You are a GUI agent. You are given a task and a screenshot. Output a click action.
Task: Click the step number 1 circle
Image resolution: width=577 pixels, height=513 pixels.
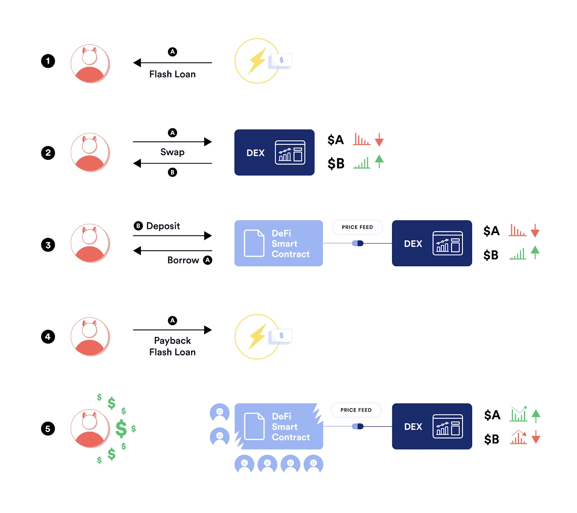point(48,61)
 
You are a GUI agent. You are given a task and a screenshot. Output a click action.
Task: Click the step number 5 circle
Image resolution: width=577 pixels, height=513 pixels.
point(48,429)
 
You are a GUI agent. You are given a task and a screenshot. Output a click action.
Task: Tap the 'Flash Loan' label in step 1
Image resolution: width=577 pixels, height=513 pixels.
point(172,74)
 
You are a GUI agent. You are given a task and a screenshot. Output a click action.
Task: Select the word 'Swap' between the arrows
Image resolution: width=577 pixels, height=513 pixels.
point(172,152)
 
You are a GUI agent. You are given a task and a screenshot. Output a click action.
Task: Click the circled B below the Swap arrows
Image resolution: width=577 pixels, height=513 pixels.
point(172,172)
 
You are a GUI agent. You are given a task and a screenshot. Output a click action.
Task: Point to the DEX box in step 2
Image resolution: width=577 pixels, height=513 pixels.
point(274,153)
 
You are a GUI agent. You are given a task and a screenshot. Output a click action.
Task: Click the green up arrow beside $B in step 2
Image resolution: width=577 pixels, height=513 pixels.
point(379,161)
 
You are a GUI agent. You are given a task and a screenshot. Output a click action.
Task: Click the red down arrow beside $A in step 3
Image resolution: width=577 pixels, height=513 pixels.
point(535,231)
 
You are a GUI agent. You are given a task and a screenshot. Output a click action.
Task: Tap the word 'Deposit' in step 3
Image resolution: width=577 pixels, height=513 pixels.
point(163,226)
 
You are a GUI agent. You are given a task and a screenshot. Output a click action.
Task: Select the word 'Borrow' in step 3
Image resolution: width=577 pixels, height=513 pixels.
point(183,260)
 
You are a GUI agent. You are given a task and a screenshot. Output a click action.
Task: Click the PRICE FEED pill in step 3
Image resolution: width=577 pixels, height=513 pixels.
point(357,227)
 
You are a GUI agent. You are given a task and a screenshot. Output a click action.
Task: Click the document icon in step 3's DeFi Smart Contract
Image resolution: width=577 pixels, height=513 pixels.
point(254,243)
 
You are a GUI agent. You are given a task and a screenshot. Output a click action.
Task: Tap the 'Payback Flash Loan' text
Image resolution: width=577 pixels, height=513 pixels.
point(172,346)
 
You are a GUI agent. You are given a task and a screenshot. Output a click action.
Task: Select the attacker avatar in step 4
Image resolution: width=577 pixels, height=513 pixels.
point(90,337)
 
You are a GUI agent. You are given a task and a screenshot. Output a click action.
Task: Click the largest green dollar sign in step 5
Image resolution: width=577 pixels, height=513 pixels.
point(121,429)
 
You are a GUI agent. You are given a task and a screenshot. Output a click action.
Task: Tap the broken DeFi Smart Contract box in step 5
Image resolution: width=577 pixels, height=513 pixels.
point(279,426)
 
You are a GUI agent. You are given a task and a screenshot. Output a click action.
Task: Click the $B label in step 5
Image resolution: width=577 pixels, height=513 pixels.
point(492,439)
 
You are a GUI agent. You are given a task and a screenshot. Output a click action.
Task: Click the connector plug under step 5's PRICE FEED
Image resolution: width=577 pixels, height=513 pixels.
point(358,426)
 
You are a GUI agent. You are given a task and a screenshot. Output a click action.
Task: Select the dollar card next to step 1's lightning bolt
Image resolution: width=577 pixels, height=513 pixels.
point(281,60)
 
